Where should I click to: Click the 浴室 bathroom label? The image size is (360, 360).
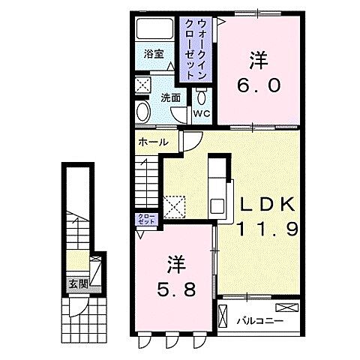coord(154,54)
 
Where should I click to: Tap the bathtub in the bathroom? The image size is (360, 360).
coord(154,28)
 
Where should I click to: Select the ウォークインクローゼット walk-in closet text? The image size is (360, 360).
coord(196,49)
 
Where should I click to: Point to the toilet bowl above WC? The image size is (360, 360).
coord(201,97)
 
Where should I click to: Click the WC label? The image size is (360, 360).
coord(202,114)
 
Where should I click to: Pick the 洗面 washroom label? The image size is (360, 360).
coord(170,97)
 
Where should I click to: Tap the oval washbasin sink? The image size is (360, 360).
coord(143,112)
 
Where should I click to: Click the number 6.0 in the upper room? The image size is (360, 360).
coord(259,85)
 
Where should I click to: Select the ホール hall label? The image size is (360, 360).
coord(153,142)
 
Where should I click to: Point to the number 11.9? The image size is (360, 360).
coord(267,229)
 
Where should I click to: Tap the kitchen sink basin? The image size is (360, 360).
coord(217,206)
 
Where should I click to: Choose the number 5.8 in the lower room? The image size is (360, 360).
coord(176,290)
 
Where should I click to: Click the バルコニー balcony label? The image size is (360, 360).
coord(260,320)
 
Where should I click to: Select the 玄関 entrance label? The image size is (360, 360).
coord(79,284)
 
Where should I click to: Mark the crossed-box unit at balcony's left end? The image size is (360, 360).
coord(223,316)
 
